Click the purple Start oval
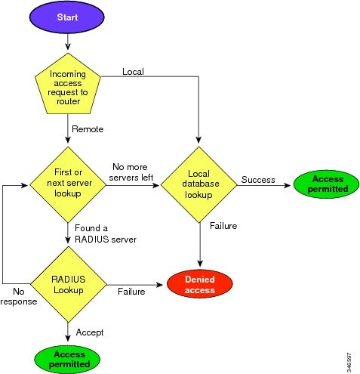67,17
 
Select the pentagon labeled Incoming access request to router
68,85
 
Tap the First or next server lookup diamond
68,184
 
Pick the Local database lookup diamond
199,184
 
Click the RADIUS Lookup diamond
69,284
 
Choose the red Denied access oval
200,284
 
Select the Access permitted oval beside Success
327,184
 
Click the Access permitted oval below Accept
67,360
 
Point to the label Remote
88,129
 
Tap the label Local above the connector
133,72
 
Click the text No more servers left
131,172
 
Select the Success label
258,180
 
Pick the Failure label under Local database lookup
223,226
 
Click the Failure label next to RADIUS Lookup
131,292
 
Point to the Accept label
90,332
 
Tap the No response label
19,296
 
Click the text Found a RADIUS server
106,233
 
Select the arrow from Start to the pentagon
68,42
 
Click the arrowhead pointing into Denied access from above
200,264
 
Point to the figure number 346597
349,363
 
